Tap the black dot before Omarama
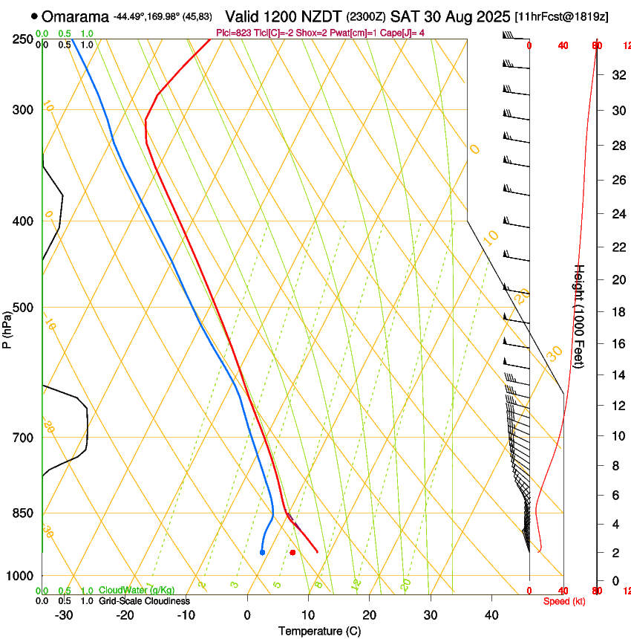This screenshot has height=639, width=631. (35, 16)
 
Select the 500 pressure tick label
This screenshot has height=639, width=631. (23, 308)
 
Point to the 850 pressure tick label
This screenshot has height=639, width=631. (23, 513)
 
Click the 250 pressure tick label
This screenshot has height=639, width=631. (23, 39)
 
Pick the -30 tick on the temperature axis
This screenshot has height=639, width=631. (64, 614)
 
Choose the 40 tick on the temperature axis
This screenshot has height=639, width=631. (491, 614)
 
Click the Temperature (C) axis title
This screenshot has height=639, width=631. (319, 631)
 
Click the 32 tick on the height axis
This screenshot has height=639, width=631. (617, 75)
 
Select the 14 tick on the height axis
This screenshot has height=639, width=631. (617, 375)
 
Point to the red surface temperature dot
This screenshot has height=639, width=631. (292, 552)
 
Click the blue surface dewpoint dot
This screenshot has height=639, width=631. (262, 552)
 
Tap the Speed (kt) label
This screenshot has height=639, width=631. (564, 601)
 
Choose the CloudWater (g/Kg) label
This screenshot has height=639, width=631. (137, 591)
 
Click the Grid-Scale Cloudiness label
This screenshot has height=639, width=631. (144, 601)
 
